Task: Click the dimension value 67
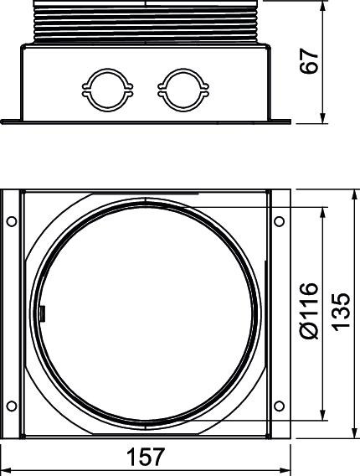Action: pyautogui.click(x=309, y=60)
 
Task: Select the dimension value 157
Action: pyautogui.click(x=146, y=457)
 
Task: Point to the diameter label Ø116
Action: pyautogui.click(x=309, y=311)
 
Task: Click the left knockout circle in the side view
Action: pyautogui.click(x=107, y=70)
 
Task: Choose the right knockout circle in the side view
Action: pyautogui.click(x=183, y=70)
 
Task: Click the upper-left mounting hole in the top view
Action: pyautogui.click(x=12, y=221)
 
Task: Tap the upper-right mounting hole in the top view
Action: pyautogui.click(x=279, y=221)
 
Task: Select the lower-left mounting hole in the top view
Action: pyautogui.click(x=12, y=406)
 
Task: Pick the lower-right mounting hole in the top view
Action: pyautogui.click(x=279, y=406)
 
